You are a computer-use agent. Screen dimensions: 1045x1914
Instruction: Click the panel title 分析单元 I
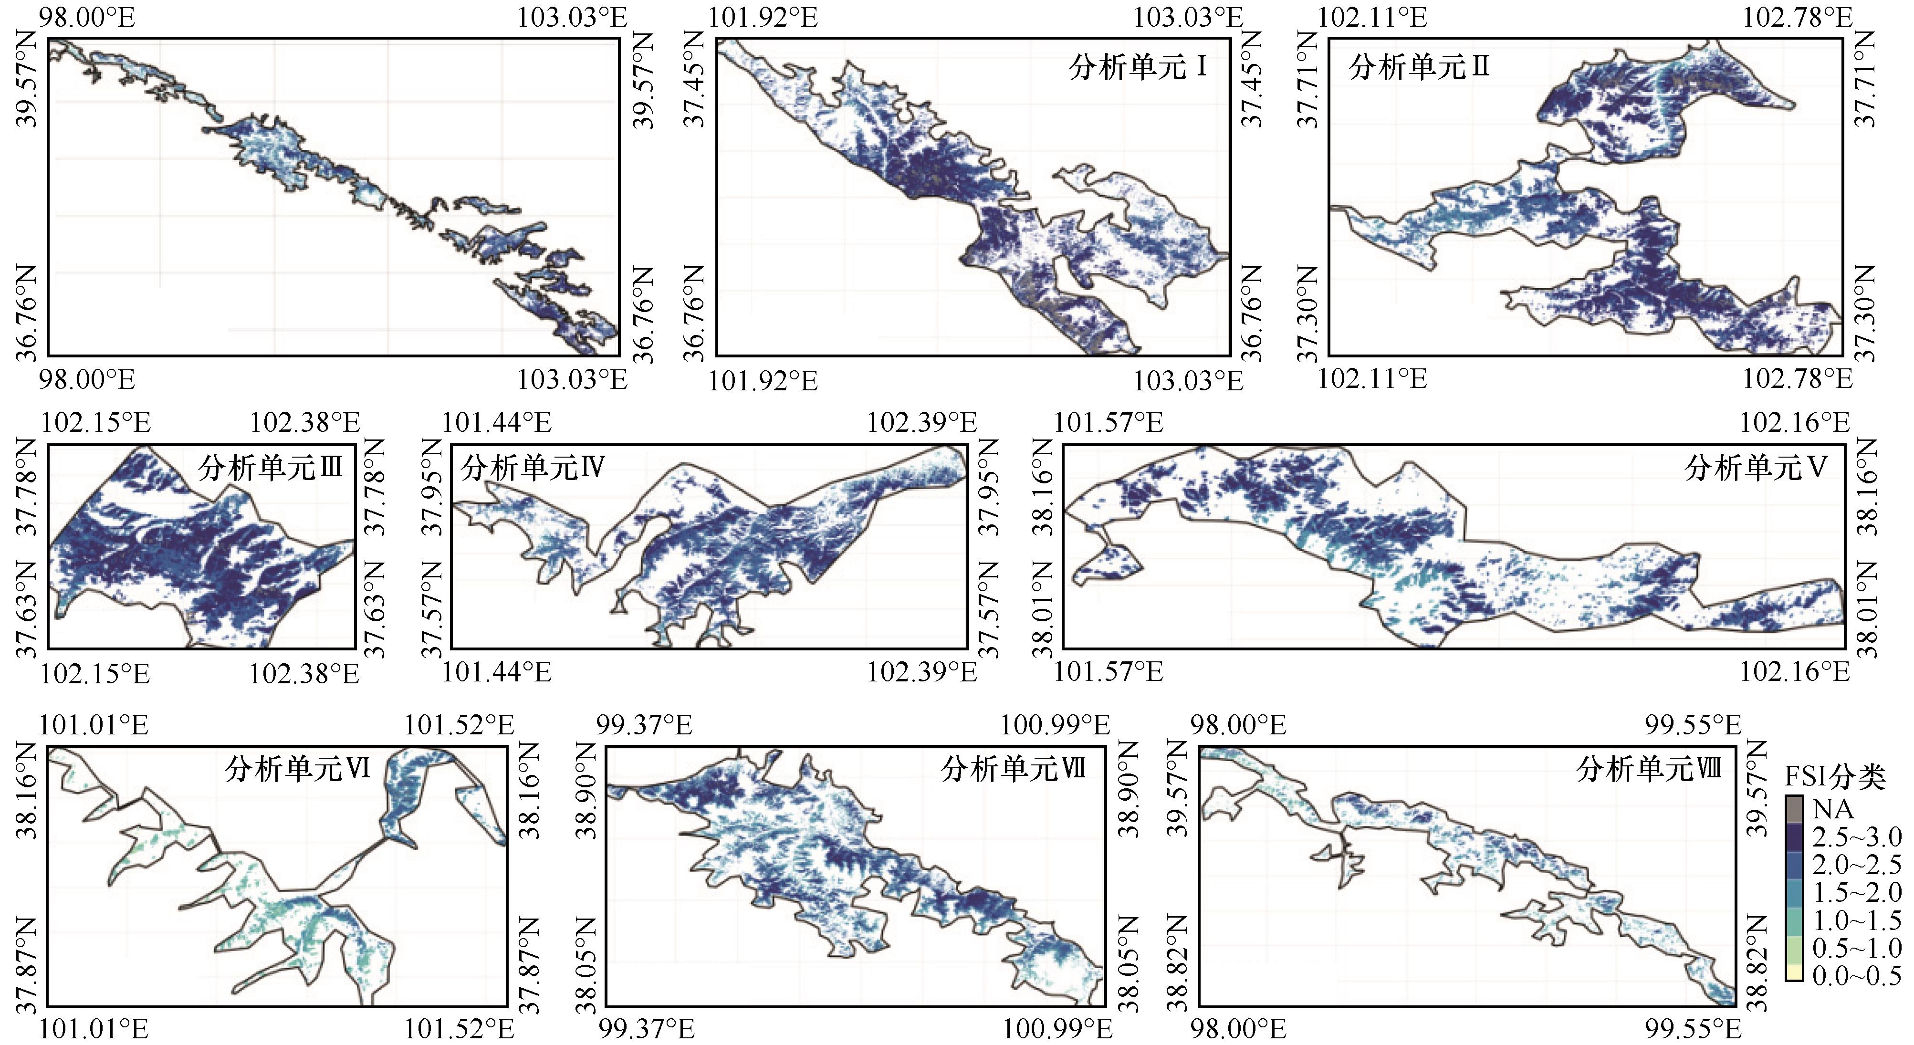pyautogui.click(x=1138, y=68)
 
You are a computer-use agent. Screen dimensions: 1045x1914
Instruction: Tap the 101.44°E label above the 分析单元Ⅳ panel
pyautogui.click(x=496, y=423)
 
